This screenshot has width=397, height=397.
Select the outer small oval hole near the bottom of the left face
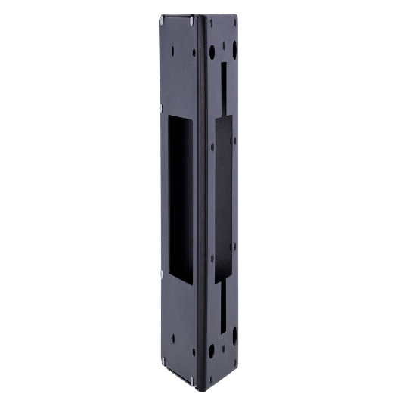172,340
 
